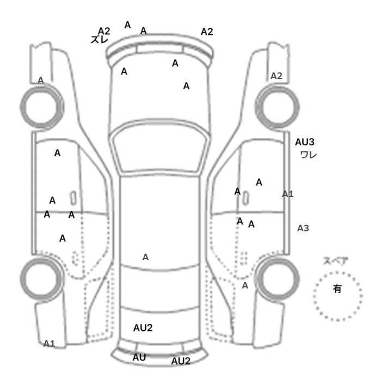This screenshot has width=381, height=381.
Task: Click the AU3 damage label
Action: tap(305, 142)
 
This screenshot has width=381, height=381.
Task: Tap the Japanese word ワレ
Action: tap(309, 155)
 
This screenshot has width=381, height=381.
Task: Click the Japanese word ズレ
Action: tap(100, 40)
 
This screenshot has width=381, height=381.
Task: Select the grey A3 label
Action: tap(303, 229)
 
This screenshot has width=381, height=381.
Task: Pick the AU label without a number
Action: tap(139, 358)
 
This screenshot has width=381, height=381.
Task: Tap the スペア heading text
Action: tap(336, 261)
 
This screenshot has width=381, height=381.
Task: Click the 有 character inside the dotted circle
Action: tap(337, 290)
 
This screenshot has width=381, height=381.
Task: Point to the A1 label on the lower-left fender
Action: tap(50, 343)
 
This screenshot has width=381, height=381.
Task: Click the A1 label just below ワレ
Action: tap(288, 194)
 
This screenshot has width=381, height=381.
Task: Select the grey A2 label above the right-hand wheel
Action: tap(276, 76)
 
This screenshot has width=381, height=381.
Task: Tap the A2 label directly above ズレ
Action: tap(105, 30)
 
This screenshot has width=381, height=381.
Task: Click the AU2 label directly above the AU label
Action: tap(143, 328)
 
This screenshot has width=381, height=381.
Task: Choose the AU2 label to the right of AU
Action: tap(181, 361)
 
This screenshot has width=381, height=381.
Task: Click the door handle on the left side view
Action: tap(72, 197)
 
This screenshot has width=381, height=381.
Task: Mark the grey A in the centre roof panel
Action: tap(145, 257)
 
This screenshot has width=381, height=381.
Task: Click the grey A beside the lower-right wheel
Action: tap(245, 285)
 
